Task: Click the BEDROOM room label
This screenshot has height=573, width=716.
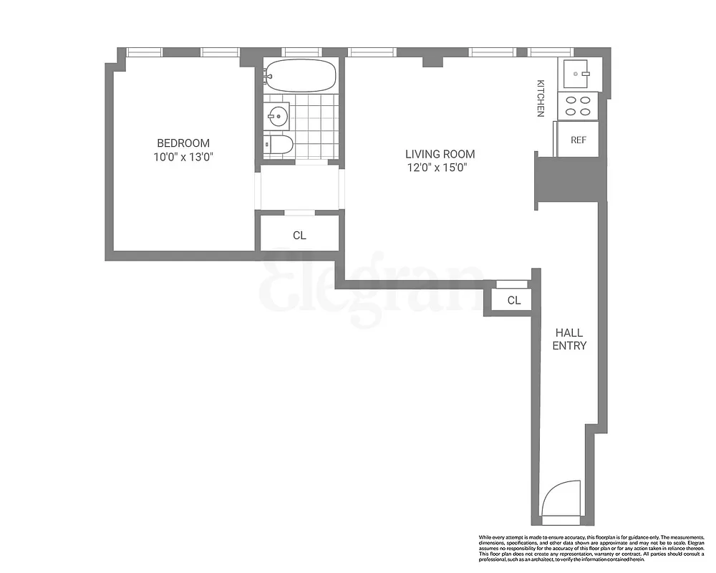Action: [x=183, y=143]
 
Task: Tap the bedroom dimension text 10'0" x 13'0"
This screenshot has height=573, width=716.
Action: [x=183, y=157]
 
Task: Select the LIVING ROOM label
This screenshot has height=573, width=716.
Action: [x=440, y=154]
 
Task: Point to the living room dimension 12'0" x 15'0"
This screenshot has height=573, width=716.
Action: [x=440, y=168]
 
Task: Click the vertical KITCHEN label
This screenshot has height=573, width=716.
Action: [x=541, y=98]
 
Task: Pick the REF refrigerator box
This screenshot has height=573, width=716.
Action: [x=578, y=140]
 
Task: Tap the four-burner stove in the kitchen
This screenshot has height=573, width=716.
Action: [x=578, y=106]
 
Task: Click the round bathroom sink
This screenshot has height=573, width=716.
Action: [x=277, y=115]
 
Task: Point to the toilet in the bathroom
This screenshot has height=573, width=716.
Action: [x=278, y=145]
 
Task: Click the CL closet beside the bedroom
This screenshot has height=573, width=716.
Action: [x=299, y=235]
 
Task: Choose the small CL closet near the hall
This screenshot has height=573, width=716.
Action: [x=513, y=300]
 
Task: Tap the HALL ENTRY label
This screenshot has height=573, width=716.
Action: [x=569, y=339]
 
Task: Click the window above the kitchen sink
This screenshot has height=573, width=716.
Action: [x=550, y=52]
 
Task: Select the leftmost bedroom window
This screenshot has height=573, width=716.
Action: [x=145, y=52]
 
